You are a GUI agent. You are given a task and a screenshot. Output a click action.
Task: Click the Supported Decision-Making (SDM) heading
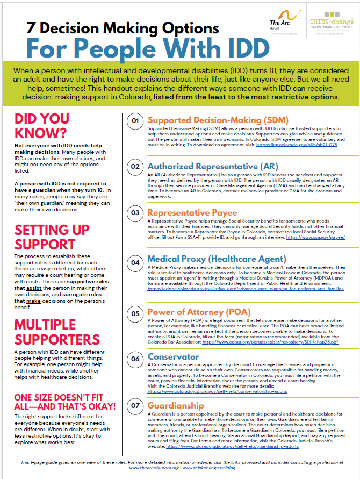(218, 120)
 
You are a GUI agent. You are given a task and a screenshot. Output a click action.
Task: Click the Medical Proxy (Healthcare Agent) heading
(217, 259)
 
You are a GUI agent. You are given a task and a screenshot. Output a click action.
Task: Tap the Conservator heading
(174, 357)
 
